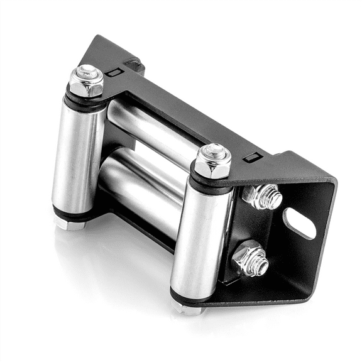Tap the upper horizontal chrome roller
tap(151, 129)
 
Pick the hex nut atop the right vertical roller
tap(212, 161)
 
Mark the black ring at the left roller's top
tap(85, 101)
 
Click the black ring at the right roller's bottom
tap(192, 296)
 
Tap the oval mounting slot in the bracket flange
tap(299, 222)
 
